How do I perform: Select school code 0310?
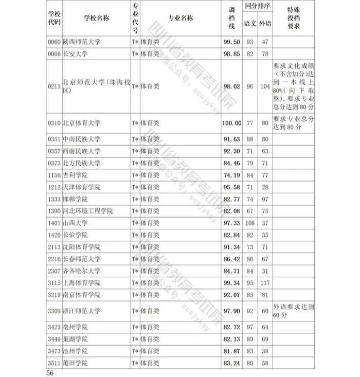pyautogui.click(x=54, y=123)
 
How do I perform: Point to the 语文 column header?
pyautogui.click(x=250, y=23)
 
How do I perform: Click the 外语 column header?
pyautogui.click(x=265, y=23)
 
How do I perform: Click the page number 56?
pyautogui.click(x=50, y=372)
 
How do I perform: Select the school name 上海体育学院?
pyautogui.click(x=81, y=283)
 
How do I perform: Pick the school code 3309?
pyautogui.click(x=54, y=311)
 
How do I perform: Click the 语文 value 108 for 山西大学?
pyautogui.click(x=250, y=223)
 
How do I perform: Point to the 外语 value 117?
pyautogui.click(x=265, y=283)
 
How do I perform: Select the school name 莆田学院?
pyautogui.click(x=75, y=363)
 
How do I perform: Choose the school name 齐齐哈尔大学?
pyautogui.click(x=81, y=271)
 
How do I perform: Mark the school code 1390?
pyautogui.click(x=54, y=211)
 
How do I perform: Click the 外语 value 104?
pyautogui.click(x=265, y=86)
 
